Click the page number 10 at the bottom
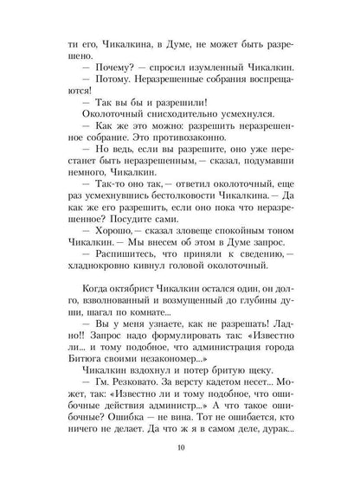[x=180, y=449]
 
